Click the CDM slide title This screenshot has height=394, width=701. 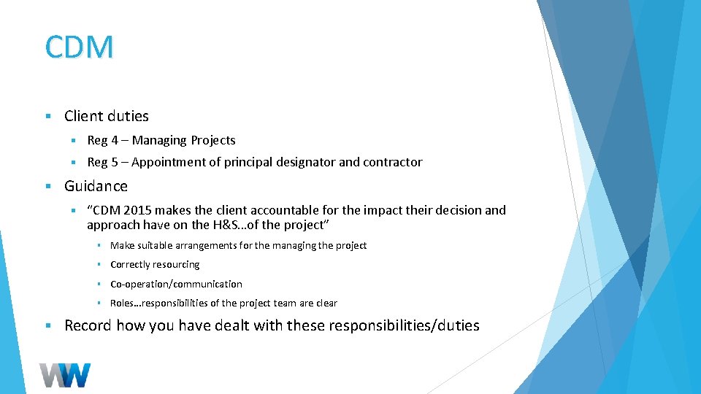tap(79, 47)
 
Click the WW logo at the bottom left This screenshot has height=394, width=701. tap(65, 374)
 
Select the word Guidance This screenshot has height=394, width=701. tap(96, 186)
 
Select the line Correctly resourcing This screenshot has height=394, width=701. tap(155, 264)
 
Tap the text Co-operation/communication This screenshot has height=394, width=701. tap(176, 284)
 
